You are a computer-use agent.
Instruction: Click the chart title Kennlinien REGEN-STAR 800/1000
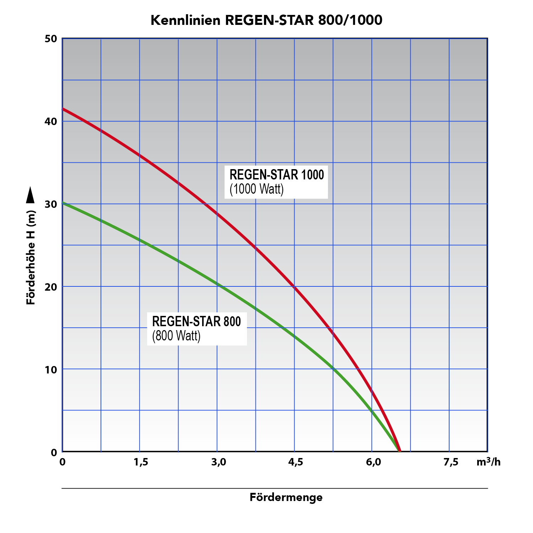(266, 20)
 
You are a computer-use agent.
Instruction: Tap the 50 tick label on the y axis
(51, 39)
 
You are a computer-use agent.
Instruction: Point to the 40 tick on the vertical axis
(51, 122)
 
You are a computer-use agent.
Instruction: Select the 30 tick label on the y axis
(51, 204)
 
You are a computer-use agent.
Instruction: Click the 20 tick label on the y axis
(51, 287)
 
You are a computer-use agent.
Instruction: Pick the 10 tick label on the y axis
(51, 370)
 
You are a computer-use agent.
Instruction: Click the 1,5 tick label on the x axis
(141, 462)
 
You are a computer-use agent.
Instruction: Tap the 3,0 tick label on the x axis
(218, 462)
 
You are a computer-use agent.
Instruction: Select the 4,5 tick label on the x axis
(295, 462)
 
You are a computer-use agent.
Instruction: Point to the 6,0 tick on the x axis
(373, 462)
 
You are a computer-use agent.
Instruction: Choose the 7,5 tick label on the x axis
(451, 462)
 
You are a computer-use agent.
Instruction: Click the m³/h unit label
(488, 462)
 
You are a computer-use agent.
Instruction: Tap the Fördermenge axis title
(286, 497)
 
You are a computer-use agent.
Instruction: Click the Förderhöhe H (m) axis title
(31, 258)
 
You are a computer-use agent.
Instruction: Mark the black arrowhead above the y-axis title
(31, 195)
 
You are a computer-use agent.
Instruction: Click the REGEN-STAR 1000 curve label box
(276, 182)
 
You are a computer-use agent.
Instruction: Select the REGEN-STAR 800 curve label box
(197, 328)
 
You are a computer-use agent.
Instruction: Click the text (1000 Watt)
(257, 189)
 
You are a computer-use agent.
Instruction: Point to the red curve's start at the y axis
(63, 109)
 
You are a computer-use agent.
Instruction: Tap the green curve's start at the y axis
(63, 203)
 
